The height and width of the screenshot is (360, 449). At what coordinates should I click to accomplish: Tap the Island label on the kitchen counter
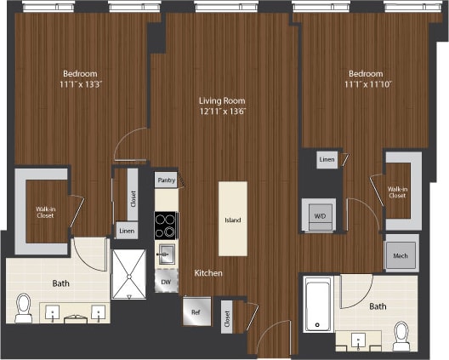[x=232, y=220]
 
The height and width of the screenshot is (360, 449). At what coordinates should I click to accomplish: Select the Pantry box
[x=166, y=180]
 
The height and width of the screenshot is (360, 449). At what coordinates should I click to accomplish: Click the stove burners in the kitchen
[x=166, y=225]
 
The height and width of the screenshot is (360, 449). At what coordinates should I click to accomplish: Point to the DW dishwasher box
[x=166, y=281]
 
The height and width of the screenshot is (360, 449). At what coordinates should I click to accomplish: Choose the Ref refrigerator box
[x=195, y=311]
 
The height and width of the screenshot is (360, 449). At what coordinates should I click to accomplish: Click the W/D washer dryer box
[x=320, y=216]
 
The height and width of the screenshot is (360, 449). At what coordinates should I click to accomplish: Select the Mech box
[x=400, y=256]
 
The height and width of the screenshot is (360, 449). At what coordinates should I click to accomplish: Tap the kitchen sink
[x=167, y=254]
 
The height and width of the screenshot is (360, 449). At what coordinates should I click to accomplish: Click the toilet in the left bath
[x=24, y=308]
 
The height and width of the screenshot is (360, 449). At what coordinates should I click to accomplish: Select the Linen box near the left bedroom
[x=126, y=231]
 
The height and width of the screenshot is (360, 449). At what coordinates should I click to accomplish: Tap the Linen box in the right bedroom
[x=327, y=159]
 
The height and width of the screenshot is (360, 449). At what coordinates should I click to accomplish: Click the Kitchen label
[x=208, y=273]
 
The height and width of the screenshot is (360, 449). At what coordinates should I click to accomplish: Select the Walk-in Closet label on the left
[x=46, y=212]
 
